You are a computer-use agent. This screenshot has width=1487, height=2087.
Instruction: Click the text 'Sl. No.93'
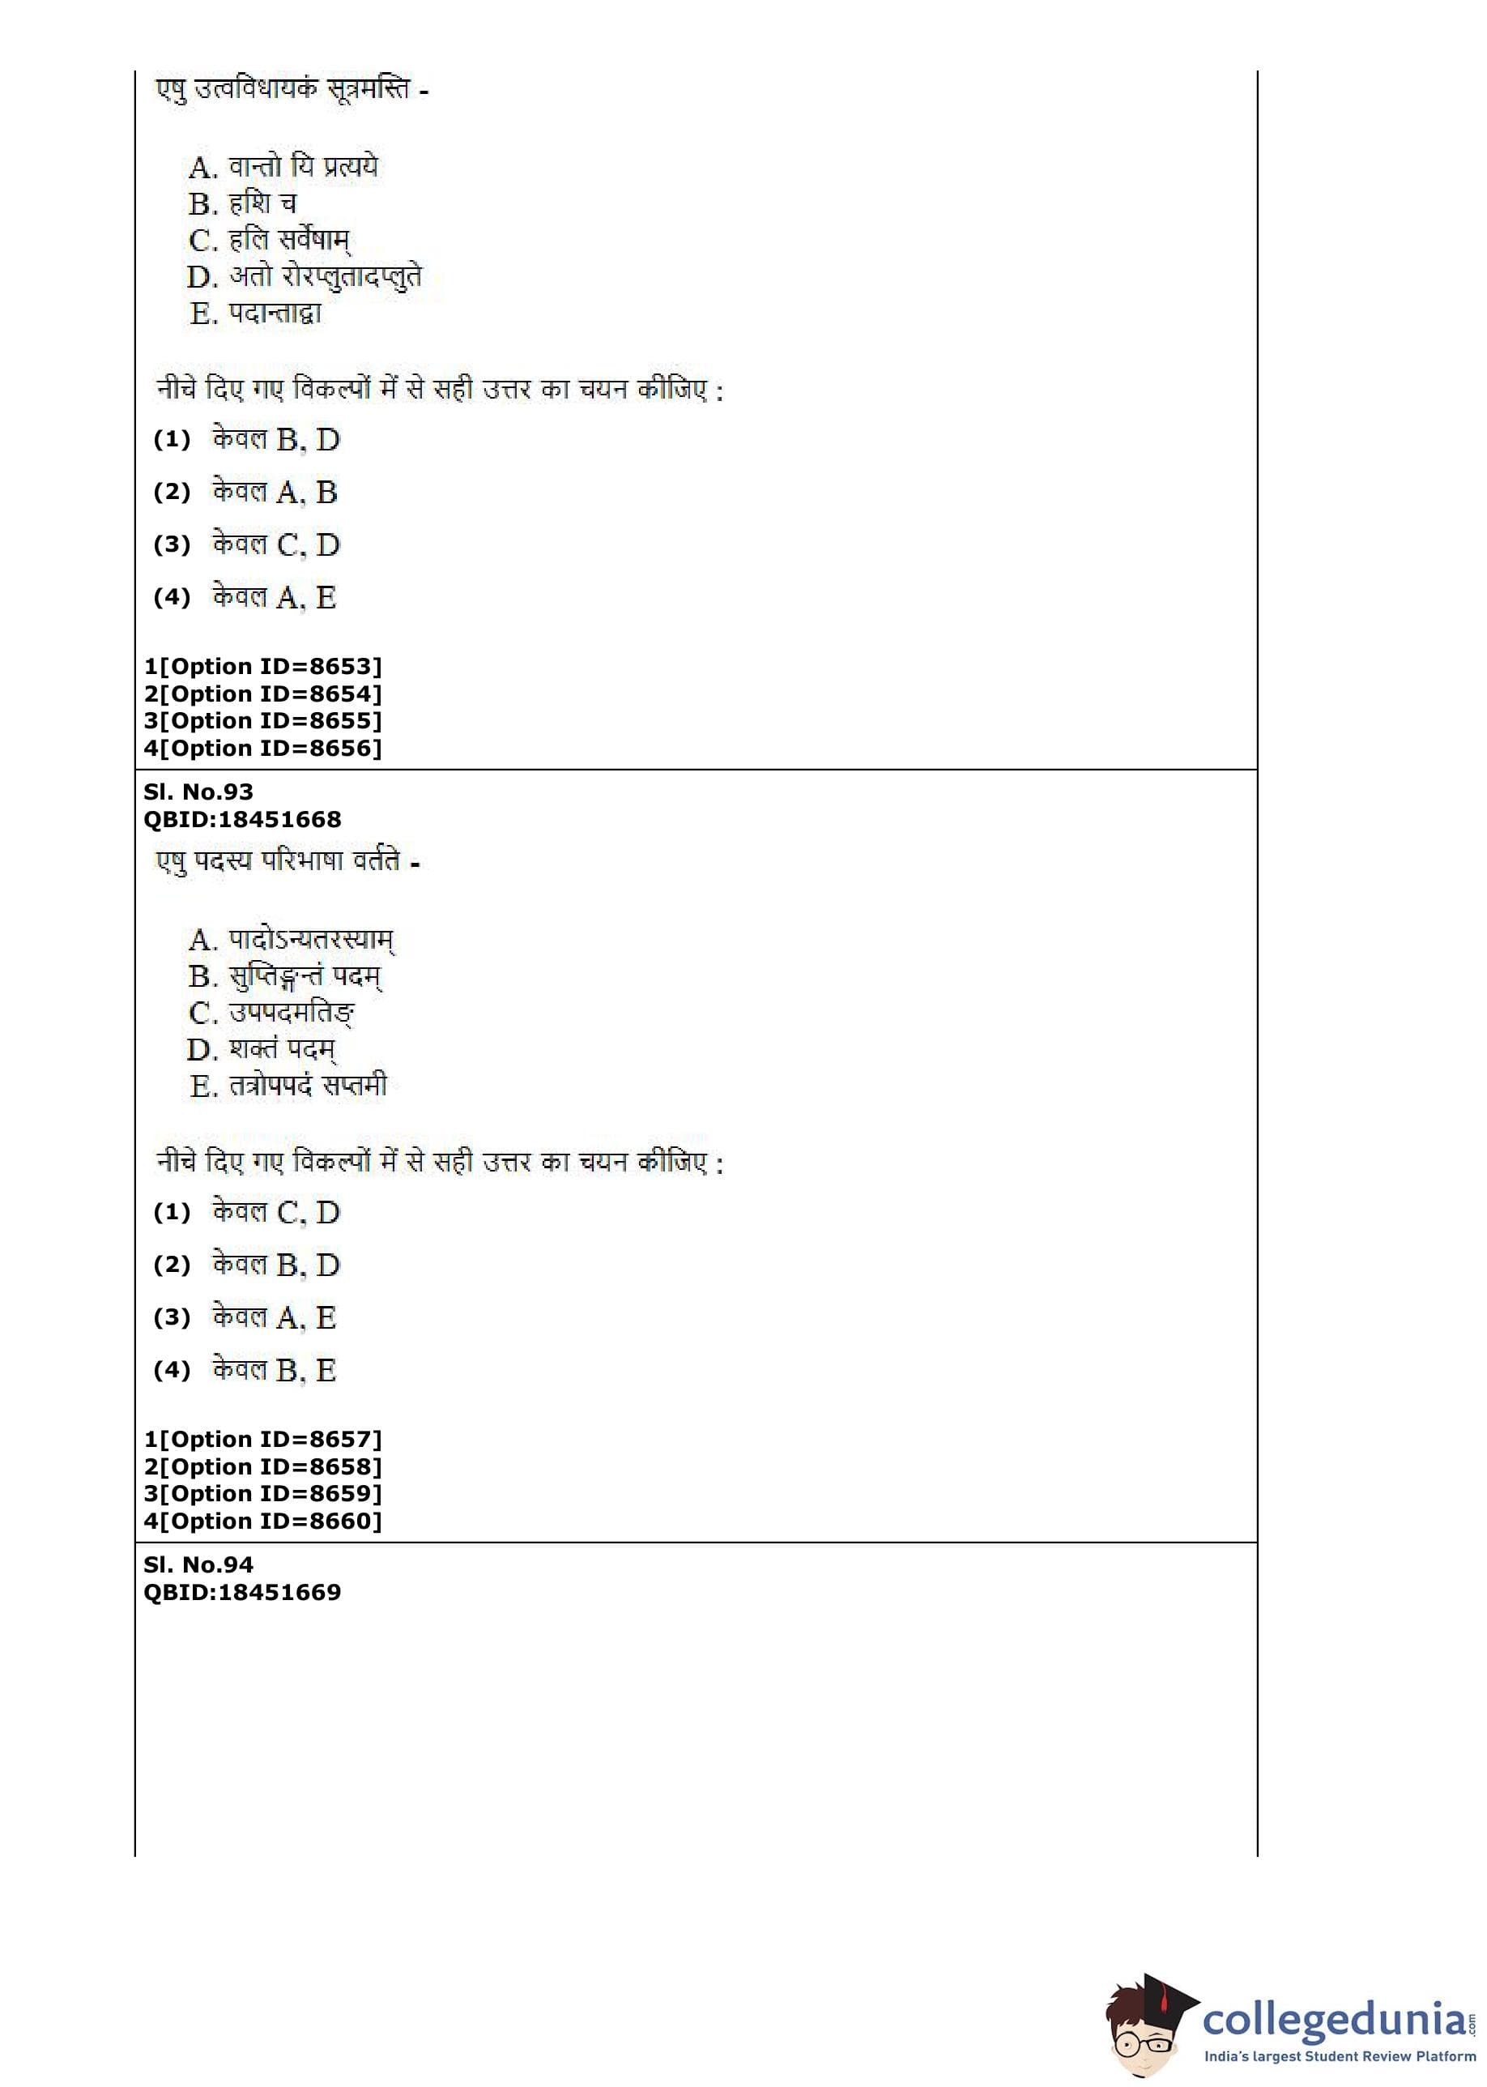click(x=198, y=792)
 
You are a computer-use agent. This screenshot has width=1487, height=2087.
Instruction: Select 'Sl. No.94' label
click(x=198, y=1565)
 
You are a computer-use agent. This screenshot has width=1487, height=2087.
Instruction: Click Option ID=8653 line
click(x=262, y=667)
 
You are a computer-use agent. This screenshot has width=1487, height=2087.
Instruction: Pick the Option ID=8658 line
click(x=262, y=1467)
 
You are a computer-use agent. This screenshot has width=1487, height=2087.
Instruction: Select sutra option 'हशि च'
click(x=262, y=203)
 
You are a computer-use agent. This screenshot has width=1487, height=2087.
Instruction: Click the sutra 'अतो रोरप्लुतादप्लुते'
click(x=325, y=276)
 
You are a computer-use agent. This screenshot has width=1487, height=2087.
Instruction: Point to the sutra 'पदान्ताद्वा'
click(x=275, y=314)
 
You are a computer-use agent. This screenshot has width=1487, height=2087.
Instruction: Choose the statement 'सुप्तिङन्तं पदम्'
click(x=305, y=977)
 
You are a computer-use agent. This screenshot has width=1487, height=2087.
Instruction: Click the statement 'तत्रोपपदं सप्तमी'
click(x=308, y=1086)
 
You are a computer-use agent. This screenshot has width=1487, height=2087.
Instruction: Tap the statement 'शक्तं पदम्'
click(x=282, y=1049)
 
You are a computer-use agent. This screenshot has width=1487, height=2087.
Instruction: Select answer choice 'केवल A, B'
click(x=275, y=493)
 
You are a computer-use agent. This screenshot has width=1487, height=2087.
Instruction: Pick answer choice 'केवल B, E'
click(x=275, y=1371)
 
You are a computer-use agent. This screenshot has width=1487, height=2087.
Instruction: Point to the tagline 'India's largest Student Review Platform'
click(x=1340, y=2057)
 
